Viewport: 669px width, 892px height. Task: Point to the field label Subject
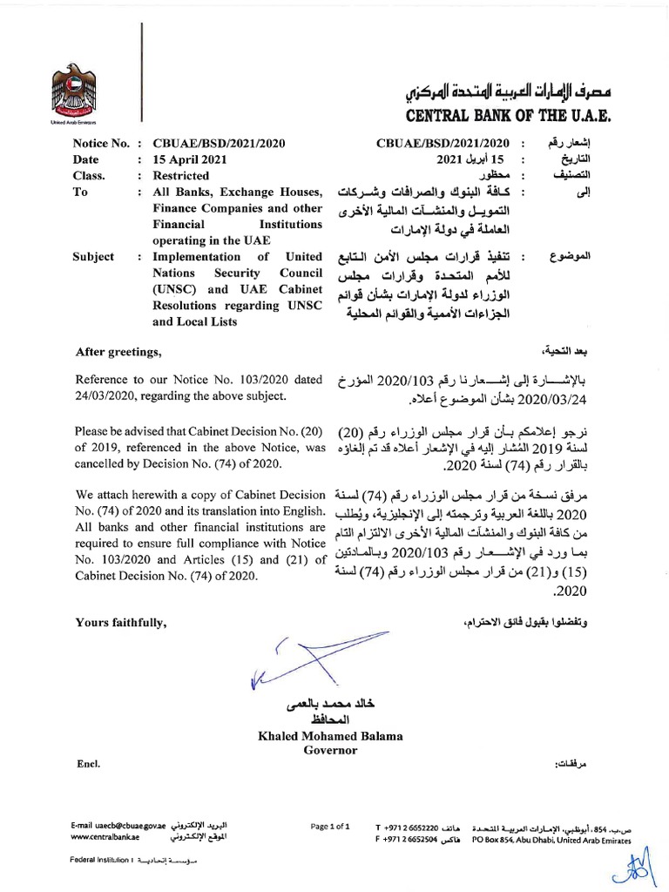pyautogui.click(x=95, y=257)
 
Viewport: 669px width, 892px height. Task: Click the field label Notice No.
pyautogui.click(x=102, y=144)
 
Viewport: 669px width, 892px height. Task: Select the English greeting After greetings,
pyautogui.click(x=118, y=352)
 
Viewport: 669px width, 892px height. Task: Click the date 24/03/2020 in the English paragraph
pyautogui.click(x=105, y=397)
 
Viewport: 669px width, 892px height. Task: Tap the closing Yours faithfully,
pyautogui.click(x=118, y=624)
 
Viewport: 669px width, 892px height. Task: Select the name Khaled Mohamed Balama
pyautogui.click(x=330, y=736)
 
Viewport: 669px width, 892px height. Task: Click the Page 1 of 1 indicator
pyautogui.click(x=330, y=825)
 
